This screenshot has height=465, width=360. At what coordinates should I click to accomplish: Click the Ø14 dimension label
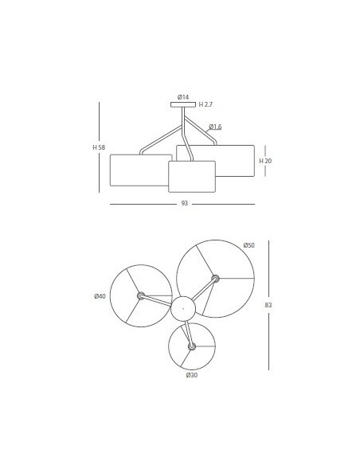click(183, 97)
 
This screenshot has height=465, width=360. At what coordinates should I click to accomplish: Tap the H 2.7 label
click(205, 104)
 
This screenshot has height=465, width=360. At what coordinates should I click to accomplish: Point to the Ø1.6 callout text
click(215, 127)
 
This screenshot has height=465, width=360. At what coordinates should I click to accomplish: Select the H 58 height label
click(99, 147)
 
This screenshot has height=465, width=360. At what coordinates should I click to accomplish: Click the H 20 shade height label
click(265, 161)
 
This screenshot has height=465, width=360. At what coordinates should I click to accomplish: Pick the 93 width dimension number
click(185, 204)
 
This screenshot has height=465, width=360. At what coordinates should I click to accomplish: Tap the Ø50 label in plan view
click(248, 245)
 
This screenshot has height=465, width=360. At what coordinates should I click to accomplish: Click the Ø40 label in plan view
click(100, 296)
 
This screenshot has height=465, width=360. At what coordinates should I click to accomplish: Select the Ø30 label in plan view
click(192, 375)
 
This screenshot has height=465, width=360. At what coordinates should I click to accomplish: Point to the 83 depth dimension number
click(268, 305)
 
